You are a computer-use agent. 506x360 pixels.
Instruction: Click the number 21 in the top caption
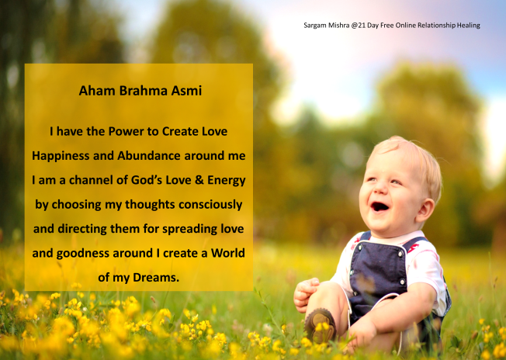pyautogui.click(x=359, y=26)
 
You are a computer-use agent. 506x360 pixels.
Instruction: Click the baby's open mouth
pyautogui.click(x=379, y=206)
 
